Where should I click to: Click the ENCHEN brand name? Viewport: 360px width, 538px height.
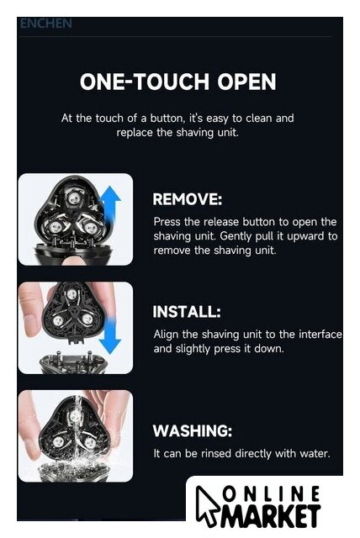[x=46, y=24]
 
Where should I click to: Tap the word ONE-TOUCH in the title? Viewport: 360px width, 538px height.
[x=145, y=82]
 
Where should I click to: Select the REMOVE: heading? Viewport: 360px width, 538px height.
[x=188, y=199]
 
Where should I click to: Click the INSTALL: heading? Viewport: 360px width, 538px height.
[x=187, y=312]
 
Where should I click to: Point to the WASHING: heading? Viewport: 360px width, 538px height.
[x=192, y=430]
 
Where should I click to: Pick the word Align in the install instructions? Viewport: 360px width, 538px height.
[x=166, y=335]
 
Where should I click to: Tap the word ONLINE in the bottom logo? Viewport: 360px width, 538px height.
[x=271, y=494]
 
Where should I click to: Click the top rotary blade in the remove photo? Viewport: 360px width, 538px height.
[x=72, y=198]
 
